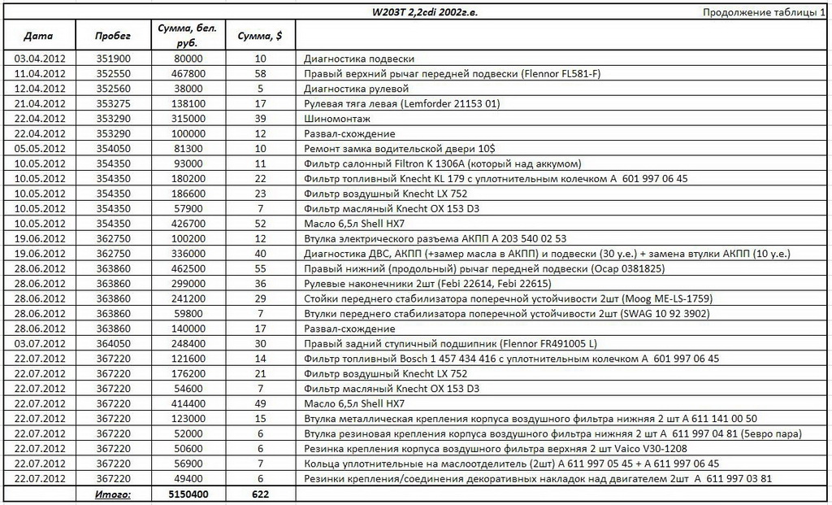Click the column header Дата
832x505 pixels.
click(x=38, y=37)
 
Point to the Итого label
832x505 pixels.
click(x=112, y=493)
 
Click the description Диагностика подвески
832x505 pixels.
click(x=359, y=59)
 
